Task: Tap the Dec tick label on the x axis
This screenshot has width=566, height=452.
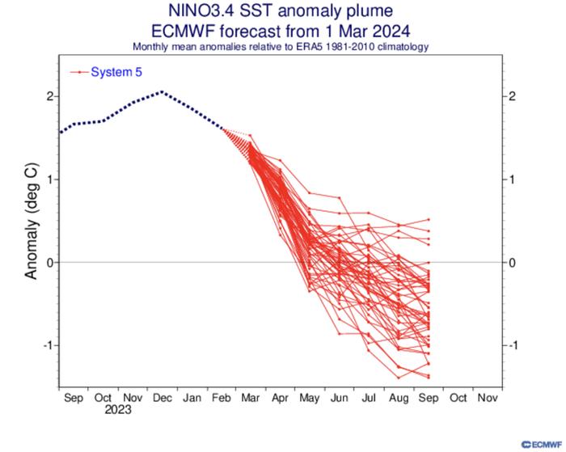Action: (x=161, y=398)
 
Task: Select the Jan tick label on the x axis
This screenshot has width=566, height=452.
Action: (x=192, y=398)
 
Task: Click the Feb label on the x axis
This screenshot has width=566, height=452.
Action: (x=221, y=398)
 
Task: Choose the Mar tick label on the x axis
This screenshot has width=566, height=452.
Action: (x=251, y=398)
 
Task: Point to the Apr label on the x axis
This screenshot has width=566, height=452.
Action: (x=280, y=398)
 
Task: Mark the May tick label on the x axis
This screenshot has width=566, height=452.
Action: (x=310, y=398)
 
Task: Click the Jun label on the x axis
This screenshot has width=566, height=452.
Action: (x=340, y=398)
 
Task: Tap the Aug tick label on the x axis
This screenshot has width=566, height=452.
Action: (x=399, y=398)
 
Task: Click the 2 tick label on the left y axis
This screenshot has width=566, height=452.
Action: (x=49, y=96)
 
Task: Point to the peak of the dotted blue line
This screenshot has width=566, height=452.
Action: (x=162, y=91)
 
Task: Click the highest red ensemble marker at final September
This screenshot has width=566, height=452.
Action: (x=428, y=219)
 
